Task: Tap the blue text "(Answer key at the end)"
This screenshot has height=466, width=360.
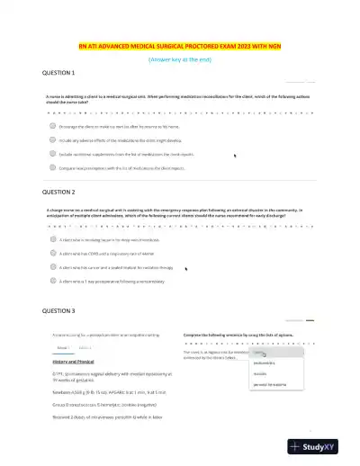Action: tap(181, 58)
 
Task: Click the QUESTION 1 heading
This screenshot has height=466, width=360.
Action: tap(58, 72)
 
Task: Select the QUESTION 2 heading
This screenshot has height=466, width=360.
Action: tap(58, 193)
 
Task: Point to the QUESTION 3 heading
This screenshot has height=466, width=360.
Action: tap(58, 310)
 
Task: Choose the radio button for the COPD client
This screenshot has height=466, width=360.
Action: tap(52, 255)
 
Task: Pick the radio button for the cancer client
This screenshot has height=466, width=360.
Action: tap(52, 267)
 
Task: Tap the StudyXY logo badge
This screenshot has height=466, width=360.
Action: tap(319, 446)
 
